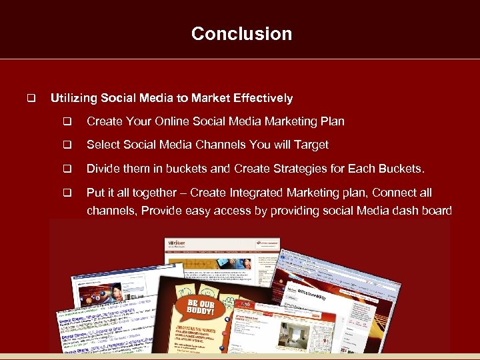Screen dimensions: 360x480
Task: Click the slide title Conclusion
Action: (x=241, y=34)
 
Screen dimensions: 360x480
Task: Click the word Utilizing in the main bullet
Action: (x=74, y=99)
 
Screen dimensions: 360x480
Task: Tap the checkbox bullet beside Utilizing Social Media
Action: (x=30, y=99)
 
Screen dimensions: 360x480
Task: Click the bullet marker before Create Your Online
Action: (x=67, y=121)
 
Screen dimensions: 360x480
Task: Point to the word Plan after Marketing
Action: (x=332, y=121)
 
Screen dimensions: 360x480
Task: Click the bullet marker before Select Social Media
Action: (x=67, y=145)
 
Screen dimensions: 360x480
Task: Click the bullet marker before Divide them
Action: (x=67, y=169)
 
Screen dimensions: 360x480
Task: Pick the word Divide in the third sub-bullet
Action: (x=103, y=169)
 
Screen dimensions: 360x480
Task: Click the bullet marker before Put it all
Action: (x=67, y=193)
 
